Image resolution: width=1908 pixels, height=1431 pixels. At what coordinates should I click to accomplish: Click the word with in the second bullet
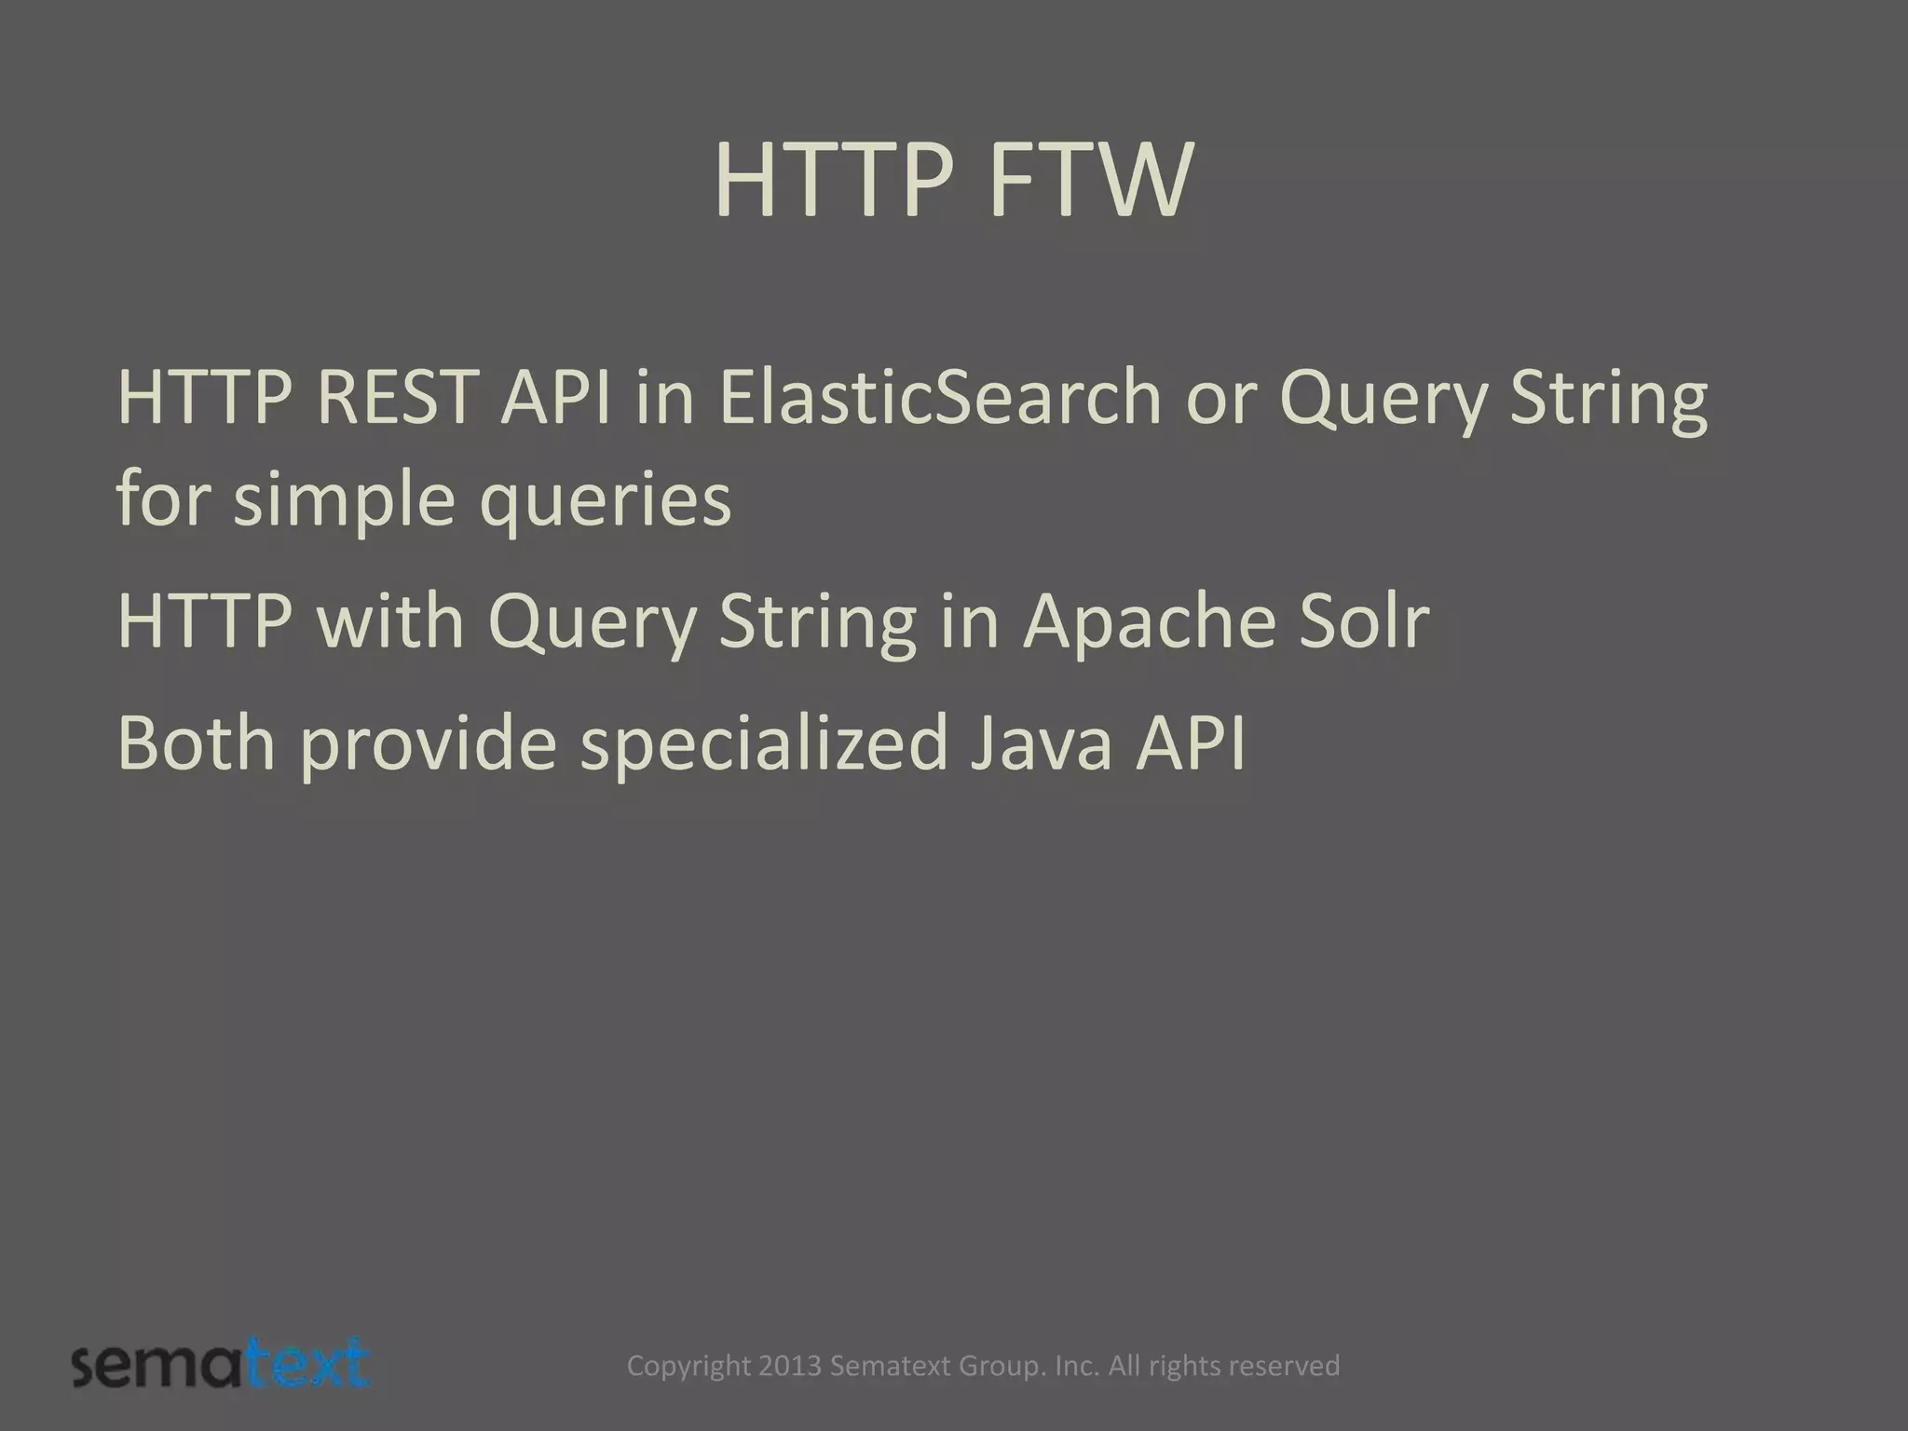tap(390, 621)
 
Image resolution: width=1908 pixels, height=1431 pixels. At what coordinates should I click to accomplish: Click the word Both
tap(197, 743)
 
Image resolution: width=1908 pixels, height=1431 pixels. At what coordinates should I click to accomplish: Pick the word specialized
tap(763, 743)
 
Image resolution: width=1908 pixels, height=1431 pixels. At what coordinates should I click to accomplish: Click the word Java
tap(1041, 743)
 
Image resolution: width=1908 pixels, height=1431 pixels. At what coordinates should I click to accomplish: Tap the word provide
tap(428, 743)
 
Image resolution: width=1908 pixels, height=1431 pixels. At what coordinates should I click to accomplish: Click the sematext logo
tap(221, 1366)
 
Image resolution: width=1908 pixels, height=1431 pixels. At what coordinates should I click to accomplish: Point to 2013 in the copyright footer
tap(790, 1367)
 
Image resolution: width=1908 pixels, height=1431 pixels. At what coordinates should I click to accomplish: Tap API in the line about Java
tap(1190, 743)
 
